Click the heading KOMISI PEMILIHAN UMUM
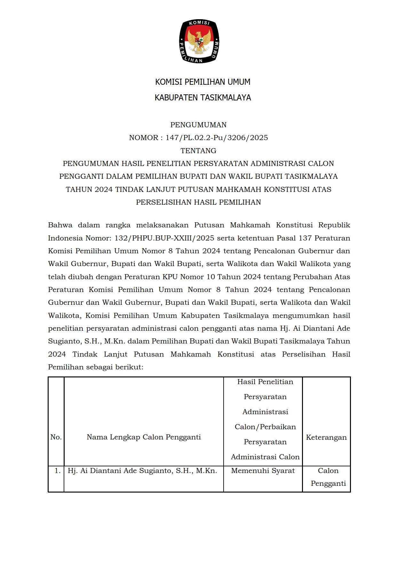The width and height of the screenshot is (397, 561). pos(202,82)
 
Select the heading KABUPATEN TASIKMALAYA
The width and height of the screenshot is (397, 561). pos(202,98)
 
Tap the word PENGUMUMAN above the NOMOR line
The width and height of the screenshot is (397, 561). pos(198,125)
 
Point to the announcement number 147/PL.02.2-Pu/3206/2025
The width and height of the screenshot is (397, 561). pos(217,138)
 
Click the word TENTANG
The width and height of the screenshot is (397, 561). pos(198,151)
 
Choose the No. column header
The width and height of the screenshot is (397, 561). pos(56,437)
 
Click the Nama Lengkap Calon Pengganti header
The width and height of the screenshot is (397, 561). pos(144,437)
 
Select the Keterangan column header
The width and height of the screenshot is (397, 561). pos(326,438)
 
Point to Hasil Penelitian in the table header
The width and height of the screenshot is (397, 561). pos(265,382)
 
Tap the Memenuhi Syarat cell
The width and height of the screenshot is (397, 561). pos(263,471)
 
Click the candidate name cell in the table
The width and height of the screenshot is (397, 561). pos(142,471)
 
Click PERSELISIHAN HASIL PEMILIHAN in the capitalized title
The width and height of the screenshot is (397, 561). pos(198,202)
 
